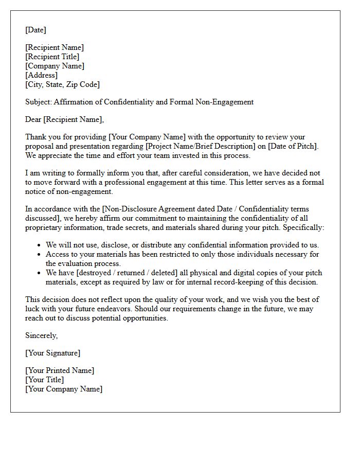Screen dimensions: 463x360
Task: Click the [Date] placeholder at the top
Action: (x=35, y=30)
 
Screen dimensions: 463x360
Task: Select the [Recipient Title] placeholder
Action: (x=52, y=57)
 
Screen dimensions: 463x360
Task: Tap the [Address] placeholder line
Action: (x=41, y=75)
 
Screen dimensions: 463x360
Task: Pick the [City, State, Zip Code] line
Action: (x=62, y=84)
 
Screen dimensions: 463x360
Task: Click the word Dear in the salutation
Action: (x=33, y=119)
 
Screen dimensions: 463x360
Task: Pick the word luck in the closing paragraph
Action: (x=33, y=309)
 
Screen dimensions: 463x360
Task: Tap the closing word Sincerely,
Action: (x=42, y=335)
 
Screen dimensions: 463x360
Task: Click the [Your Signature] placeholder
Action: (x=52, y=353)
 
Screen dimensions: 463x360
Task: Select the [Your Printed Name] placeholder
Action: (x=60, y=370)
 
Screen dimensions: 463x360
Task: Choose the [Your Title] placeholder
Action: (x=44, y=380)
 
